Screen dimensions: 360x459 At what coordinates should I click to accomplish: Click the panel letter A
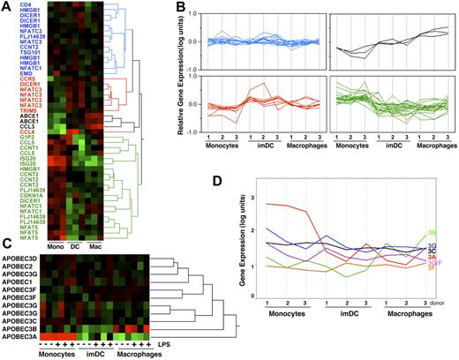tap(6, 7)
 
